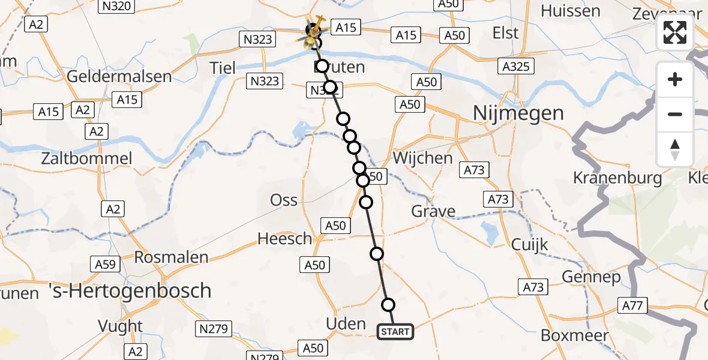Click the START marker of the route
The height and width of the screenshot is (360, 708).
click(x=395, y=331)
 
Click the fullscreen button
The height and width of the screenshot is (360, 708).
click(x=675, y=32)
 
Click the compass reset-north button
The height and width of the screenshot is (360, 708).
click(x=675, y=149)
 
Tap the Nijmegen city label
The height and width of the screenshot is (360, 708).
click(x=518, y=113)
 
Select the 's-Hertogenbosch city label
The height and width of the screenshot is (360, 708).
click(x=130, y=291)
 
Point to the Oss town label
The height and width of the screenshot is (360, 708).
click(x=284, y=200)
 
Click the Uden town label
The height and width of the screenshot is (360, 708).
click(x=345, y=324)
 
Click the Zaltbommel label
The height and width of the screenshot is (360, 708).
click(x=86, y=159)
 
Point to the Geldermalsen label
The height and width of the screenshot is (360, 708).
click(x=119, y=77)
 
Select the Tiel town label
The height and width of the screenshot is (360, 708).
click(x=223, y=67)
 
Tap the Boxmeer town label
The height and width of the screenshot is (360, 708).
click(x=575, y=335)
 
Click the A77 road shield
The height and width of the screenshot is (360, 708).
click(x=632, y=307)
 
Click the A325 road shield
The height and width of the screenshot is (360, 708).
click(x=517, y=66)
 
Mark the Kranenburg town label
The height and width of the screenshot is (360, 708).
click(x=617, y=178)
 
